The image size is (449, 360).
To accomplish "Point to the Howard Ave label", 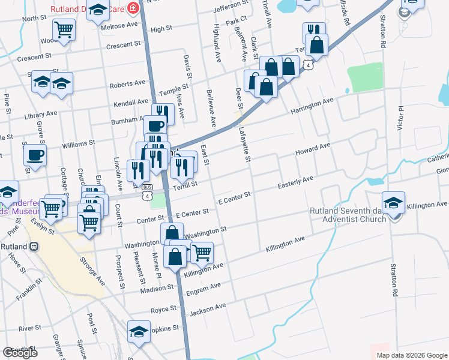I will (x=312, y=149).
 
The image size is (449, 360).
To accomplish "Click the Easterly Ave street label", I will (x=295, y=182).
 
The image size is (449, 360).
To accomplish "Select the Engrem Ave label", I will (x=203, y=290).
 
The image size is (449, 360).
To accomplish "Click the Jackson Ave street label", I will (x=208, y=310).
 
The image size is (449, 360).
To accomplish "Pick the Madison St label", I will (x=157, y=289).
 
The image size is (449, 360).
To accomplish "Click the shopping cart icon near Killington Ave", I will (x=202, y=251).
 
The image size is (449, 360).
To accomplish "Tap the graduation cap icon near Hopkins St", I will (x=139, y=332).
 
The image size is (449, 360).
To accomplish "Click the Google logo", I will (x=20, y=353).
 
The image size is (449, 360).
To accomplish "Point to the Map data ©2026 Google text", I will (x=411, y=355).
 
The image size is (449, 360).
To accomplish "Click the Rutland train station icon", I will (x=35, y=246).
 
